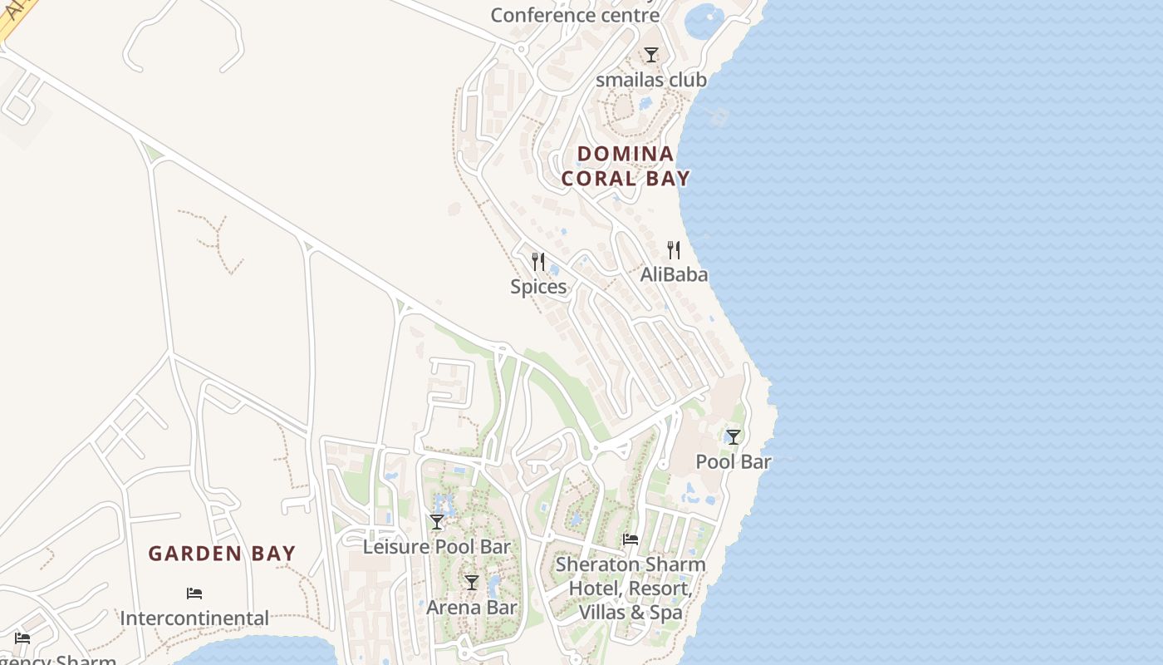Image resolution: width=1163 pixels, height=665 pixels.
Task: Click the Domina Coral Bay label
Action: (x=626, y=165)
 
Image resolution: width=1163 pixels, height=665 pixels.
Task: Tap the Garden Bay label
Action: (x=222, y=554)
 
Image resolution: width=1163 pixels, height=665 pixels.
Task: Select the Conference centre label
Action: (x=575, y=15)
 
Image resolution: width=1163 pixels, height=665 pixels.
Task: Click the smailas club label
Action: (x=651, y=80)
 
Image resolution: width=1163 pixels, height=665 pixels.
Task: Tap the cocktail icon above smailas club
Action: (x=651, y=55)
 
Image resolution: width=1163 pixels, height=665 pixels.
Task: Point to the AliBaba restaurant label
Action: (x=674, y=273)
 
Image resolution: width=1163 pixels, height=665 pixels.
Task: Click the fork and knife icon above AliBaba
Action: (x=674, y=249)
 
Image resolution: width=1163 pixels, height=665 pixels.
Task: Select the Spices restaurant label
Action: (x=538, y=287)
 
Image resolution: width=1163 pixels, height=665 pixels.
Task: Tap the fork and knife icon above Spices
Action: (x=538, y=262)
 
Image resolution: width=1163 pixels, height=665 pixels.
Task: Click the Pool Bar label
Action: (x=734, y=461)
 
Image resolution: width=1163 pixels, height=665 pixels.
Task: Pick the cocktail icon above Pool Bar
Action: (x=734, y=436)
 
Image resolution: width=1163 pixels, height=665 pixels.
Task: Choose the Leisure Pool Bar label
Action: (x=437, y=547)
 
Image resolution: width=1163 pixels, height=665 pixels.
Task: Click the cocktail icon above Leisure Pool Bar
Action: (x=437, y=522)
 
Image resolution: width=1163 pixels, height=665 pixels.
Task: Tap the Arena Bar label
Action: (x=472, y=608)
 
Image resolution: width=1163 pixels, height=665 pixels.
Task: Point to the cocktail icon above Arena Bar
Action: (x=472, y=583)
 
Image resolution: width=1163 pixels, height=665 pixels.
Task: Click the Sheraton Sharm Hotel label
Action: (x=631, y=589)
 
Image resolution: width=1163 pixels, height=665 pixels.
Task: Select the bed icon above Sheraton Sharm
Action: (x=631, y=539)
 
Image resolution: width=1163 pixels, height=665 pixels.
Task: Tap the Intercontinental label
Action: (x=194, y=618)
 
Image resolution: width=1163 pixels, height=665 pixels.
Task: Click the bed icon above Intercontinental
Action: (x=194, y=594)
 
